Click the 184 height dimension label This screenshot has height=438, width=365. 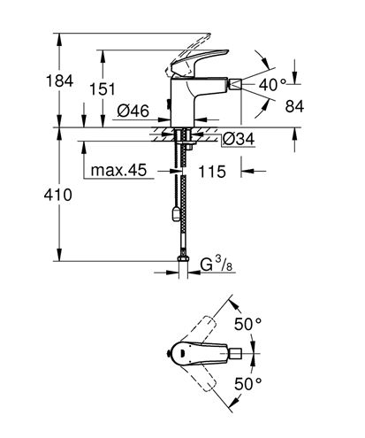(59, 81)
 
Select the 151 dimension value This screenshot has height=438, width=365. (103, 89)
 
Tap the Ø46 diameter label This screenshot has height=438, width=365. (133, 111)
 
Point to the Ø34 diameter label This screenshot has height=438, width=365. (239, 139)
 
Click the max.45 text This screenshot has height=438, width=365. (118, 170)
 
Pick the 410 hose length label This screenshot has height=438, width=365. (57, 195)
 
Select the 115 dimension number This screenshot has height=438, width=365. (212, 172)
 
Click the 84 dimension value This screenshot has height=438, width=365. (294, 106)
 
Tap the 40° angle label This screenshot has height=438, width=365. (272, 85)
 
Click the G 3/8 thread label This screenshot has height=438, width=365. (217, 264)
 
